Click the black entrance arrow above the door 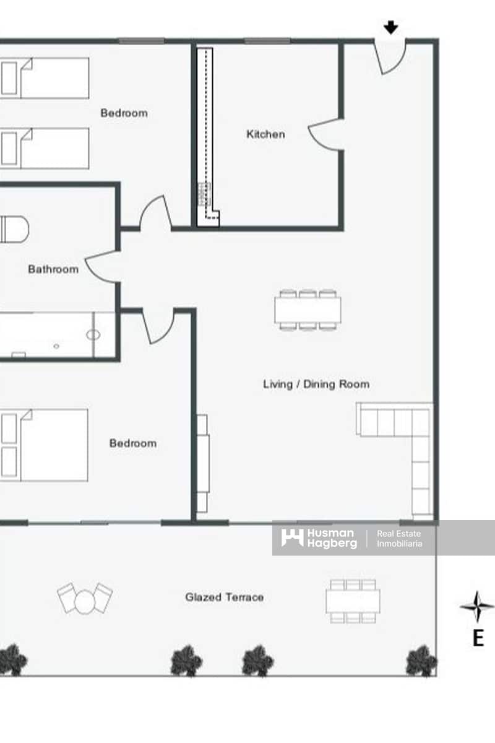(x=390, y=27)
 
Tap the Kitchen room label (x=265, y=134)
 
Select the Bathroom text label (x=53, y=269)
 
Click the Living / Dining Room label (x=316, y=384)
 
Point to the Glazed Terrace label (x=224, y=597)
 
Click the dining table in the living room (x=308, y=310)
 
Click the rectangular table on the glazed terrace (x=353, y=601)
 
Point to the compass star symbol (x=477, y=607)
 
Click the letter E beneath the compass (x=478, y=638)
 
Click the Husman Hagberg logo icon (x=292, y=537)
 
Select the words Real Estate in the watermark (x=399, y=533)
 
